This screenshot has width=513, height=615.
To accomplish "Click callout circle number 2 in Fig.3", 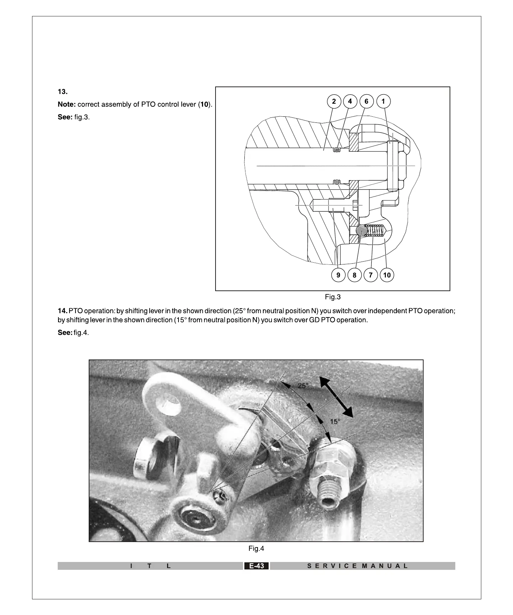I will (x=334, y=101).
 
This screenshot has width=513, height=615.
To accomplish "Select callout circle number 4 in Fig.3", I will (x=350, y=101).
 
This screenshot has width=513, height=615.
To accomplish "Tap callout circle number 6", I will (x=366, y=101).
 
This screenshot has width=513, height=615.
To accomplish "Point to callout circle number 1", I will (x=383, y=101).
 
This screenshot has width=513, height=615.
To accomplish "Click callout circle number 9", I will (x=338, y=275).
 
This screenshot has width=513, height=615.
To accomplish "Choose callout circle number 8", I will (x=354, y=275).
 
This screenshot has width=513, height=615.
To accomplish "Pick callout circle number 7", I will (x=370, y=275).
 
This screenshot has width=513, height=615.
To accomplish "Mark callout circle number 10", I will (x=387, y=275).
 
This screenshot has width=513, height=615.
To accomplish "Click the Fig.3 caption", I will (x=333, y=297).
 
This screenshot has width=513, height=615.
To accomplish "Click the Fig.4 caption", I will (x=256, y=548).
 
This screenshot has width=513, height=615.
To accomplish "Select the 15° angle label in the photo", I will (x=335, y=421).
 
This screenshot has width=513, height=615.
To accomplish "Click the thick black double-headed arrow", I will (x=336, y=397).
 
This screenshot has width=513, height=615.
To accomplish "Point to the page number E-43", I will (x=256, y=566).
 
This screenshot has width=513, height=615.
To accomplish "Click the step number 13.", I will (x=62, y=92).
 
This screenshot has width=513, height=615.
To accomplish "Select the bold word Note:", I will (x=67, y=105).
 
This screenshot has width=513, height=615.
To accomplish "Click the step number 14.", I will (x=62, y=311).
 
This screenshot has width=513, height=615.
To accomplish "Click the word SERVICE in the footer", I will (x=331, y=566).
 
